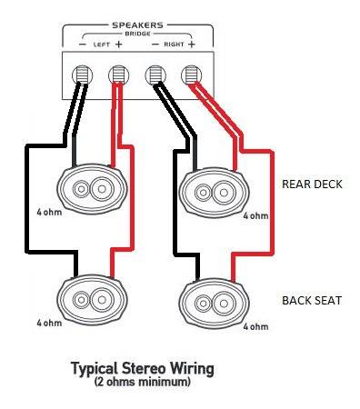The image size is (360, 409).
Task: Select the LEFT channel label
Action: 100,44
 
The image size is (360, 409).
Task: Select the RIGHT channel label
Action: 172,44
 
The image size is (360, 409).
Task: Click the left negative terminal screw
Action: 82,75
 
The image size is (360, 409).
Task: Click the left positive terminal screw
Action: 117,75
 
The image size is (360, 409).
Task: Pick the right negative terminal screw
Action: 155,75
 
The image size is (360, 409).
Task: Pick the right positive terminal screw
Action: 190,75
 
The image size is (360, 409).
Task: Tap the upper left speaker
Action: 89,189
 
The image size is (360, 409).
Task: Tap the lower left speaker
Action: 89,299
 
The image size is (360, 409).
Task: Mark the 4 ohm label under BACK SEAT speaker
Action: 256,325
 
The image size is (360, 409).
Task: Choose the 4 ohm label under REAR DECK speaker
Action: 256,215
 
